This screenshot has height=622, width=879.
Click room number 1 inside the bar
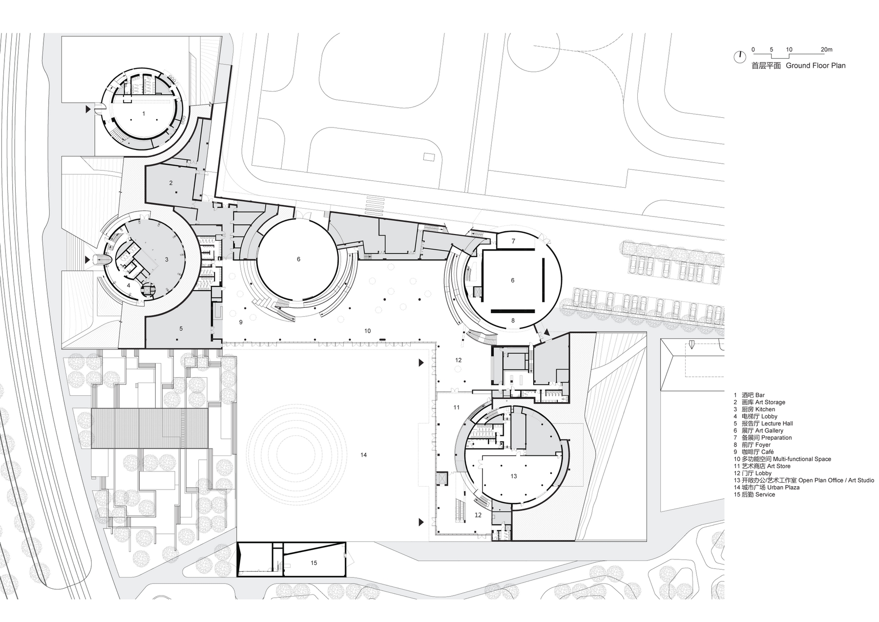[x=144, y=113]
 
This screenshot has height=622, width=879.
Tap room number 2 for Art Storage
[x=171, y=183]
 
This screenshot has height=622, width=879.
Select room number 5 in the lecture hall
[x=181, y=329]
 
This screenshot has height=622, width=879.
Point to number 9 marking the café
[x=241, y=322]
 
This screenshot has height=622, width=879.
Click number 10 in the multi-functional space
[x=367, y=331]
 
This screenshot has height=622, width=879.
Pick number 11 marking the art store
[x=456, y=407]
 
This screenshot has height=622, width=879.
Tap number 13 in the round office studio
[x=513, y=476]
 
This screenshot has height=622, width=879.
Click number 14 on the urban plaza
[x=363, y=455]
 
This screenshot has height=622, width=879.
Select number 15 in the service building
[x=314, y=563]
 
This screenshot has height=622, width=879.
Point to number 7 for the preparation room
[x=513, y=241]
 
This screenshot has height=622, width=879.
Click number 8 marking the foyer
[x=513, y=321]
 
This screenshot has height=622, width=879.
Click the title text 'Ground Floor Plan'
[x=816, y=65]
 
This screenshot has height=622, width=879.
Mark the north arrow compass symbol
[x=739, y=57]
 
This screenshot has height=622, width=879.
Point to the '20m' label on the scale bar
[x=826, y=49]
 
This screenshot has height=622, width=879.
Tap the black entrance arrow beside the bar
[x=88, y=109]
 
